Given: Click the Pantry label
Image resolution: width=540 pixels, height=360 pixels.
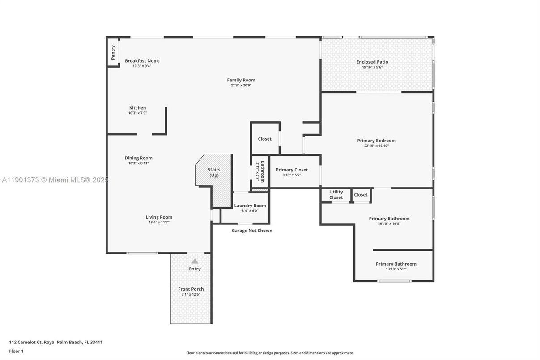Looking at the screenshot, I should click(x=113, y=52).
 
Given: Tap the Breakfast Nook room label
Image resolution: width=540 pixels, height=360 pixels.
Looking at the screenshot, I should click(x=142, y=61).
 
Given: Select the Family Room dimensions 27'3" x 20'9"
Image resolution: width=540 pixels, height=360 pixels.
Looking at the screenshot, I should click(x=241, y=85).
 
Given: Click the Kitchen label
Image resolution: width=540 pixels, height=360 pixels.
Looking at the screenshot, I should click(x=137, y=108).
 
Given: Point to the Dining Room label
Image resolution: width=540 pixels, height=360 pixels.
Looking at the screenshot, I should click(x=138, y=158).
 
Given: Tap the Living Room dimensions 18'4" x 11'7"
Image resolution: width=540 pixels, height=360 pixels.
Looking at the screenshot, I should click(x=159, y=222).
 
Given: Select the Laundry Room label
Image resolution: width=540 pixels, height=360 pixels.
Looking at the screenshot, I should click(x=250, y=206).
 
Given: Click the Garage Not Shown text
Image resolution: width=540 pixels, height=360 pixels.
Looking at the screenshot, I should click(x=251, y=231).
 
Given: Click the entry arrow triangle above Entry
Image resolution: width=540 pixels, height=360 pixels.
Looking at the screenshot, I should click(x=195, y=261).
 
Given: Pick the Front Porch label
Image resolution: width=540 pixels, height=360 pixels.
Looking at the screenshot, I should click(x=191, y=289).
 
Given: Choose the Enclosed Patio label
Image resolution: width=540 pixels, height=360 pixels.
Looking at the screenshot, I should click(x=372, y=62).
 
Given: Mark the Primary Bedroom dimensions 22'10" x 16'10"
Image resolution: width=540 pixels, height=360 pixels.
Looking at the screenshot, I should click(x=376, y=146).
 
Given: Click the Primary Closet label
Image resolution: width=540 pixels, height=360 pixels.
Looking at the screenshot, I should click(x=292, y=170).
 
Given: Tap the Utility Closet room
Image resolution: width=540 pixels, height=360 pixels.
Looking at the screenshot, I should click(x=336, y=195).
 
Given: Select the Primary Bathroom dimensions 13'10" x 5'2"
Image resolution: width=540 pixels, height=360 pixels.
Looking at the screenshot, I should click(x=396, y=269).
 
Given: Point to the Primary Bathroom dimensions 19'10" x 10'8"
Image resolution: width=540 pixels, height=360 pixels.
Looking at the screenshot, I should click(x=389, y=223).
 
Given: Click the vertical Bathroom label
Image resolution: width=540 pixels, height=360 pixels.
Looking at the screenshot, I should click(x=263, y=171).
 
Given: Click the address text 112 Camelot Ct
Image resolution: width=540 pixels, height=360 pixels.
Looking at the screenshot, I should click(x=25, y=342).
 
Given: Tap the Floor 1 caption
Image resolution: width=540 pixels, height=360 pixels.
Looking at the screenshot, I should click(x=16, y=351).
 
